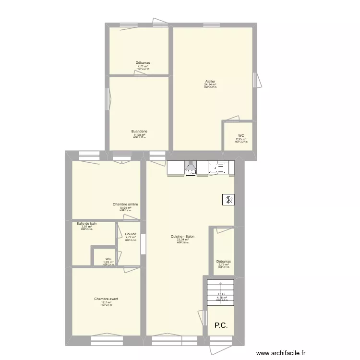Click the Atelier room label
pyautogui.click(x=210, y=82)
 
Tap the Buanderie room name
pyautogui.click(x=139, y=132)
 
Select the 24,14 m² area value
pyautogui.click(x=210, y=85)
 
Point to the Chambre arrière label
pyautogui.click(x=125, y=204)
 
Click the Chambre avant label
pyautogui.click(x=106, y=299)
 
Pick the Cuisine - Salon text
pyautogui.click(x=182, y=237)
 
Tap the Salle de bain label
pyautogui.click(x=86, y=224)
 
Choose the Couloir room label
pyautogui.click(x=131, y=234)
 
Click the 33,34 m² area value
pyautogui.click(x=182, y=240)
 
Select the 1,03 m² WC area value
pyautogui.click(x=108, y=262)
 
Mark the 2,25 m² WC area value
pyautogui.click(x=241, y=139)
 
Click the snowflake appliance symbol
pyautogui.click(x=228, y=200)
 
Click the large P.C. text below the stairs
pyautogui.click(x=221, y=325)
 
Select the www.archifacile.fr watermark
pyautogui.click(x=282, y=352)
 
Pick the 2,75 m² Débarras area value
pyautogui.click(x=224, y=264)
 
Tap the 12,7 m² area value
pyautogui.click(x=106, y=302)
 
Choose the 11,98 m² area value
pyautogui.click(x=139, y=135)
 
